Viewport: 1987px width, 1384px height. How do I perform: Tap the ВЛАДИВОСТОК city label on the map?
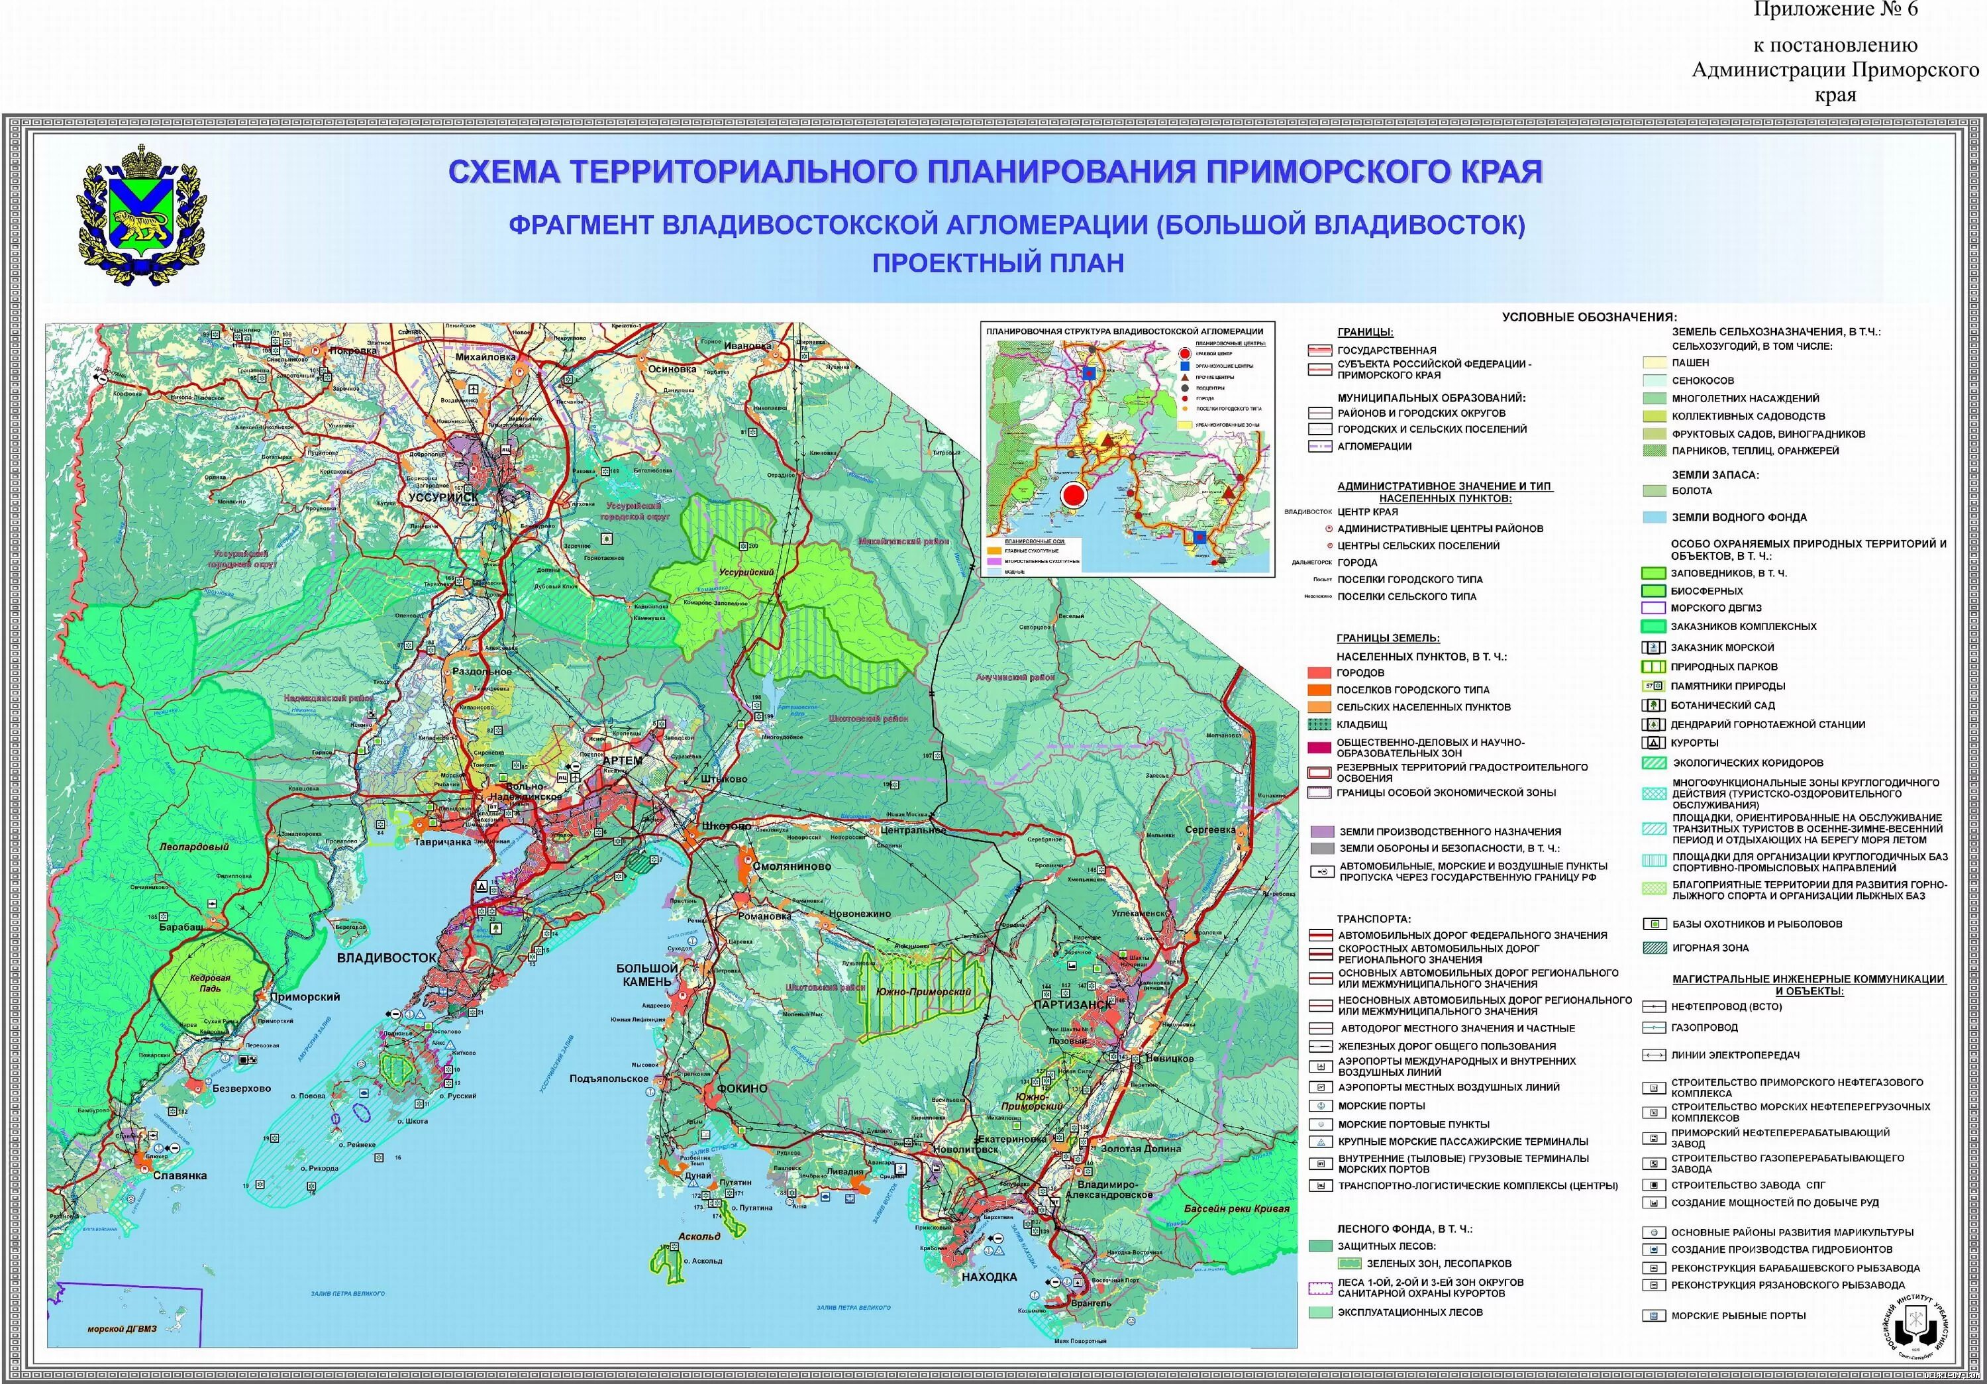(386, 958)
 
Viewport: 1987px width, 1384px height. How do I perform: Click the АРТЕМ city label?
(622, 761)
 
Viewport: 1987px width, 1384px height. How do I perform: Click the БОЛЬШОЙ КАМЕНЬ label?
(646, 975)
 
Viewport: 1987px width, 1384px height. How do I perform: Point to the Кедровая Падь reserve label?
(211, 983)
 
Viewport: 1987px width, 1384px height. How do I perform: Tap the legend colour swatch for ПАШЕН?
(1655, 362)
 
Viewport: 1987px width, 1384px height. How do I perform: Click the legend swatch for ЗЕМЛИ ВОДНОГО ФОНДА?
(1655, 517)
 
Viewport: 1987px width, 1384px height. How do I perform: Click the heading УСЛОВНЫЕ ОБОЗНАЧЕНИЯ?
(1589, 317)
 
